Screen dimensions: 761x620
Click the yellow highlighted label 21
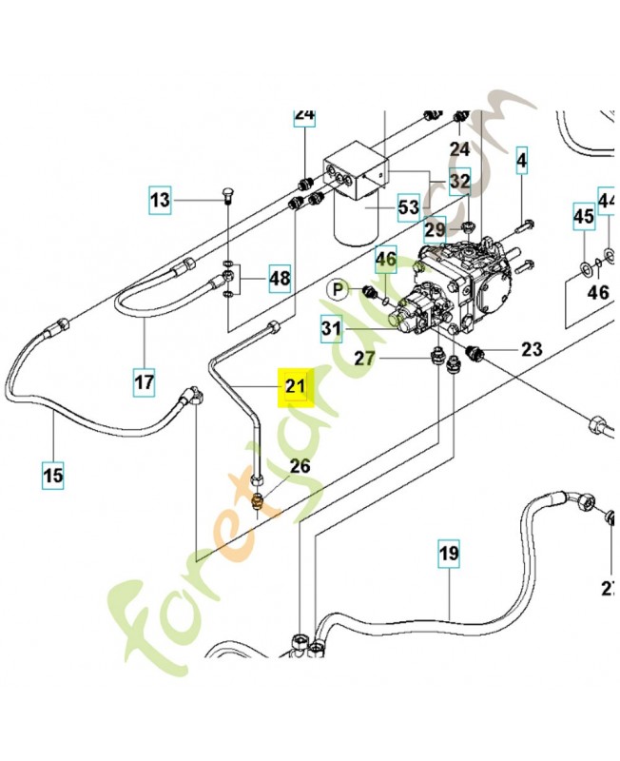click(292, 387)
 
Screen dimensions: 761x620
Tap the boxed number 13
click(161, 200)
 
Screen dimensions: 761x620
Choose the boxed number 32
click(459, 181)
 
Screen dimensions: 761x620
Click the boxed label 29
click(436, 229)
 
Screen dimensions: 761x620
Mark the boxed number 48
click(279, 279)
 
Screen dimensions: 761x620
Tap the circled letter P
click(338, 288)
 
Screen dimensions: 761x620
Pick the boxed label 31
click(330, 329)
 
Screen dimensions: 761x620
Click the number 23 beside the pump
click(531, 349)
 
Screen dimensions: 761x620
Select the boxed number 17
click(143, 383)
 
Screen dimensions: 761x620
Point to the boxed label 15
click(53, 474)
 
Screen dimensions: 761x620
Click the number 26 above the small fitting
click(300, 466)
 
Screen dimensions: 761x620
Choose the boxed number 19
click(448, 552)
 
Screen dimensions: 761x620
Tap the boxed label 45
click(583, 217)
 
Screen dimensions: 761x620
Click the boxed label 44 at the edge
click(609, 200)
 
